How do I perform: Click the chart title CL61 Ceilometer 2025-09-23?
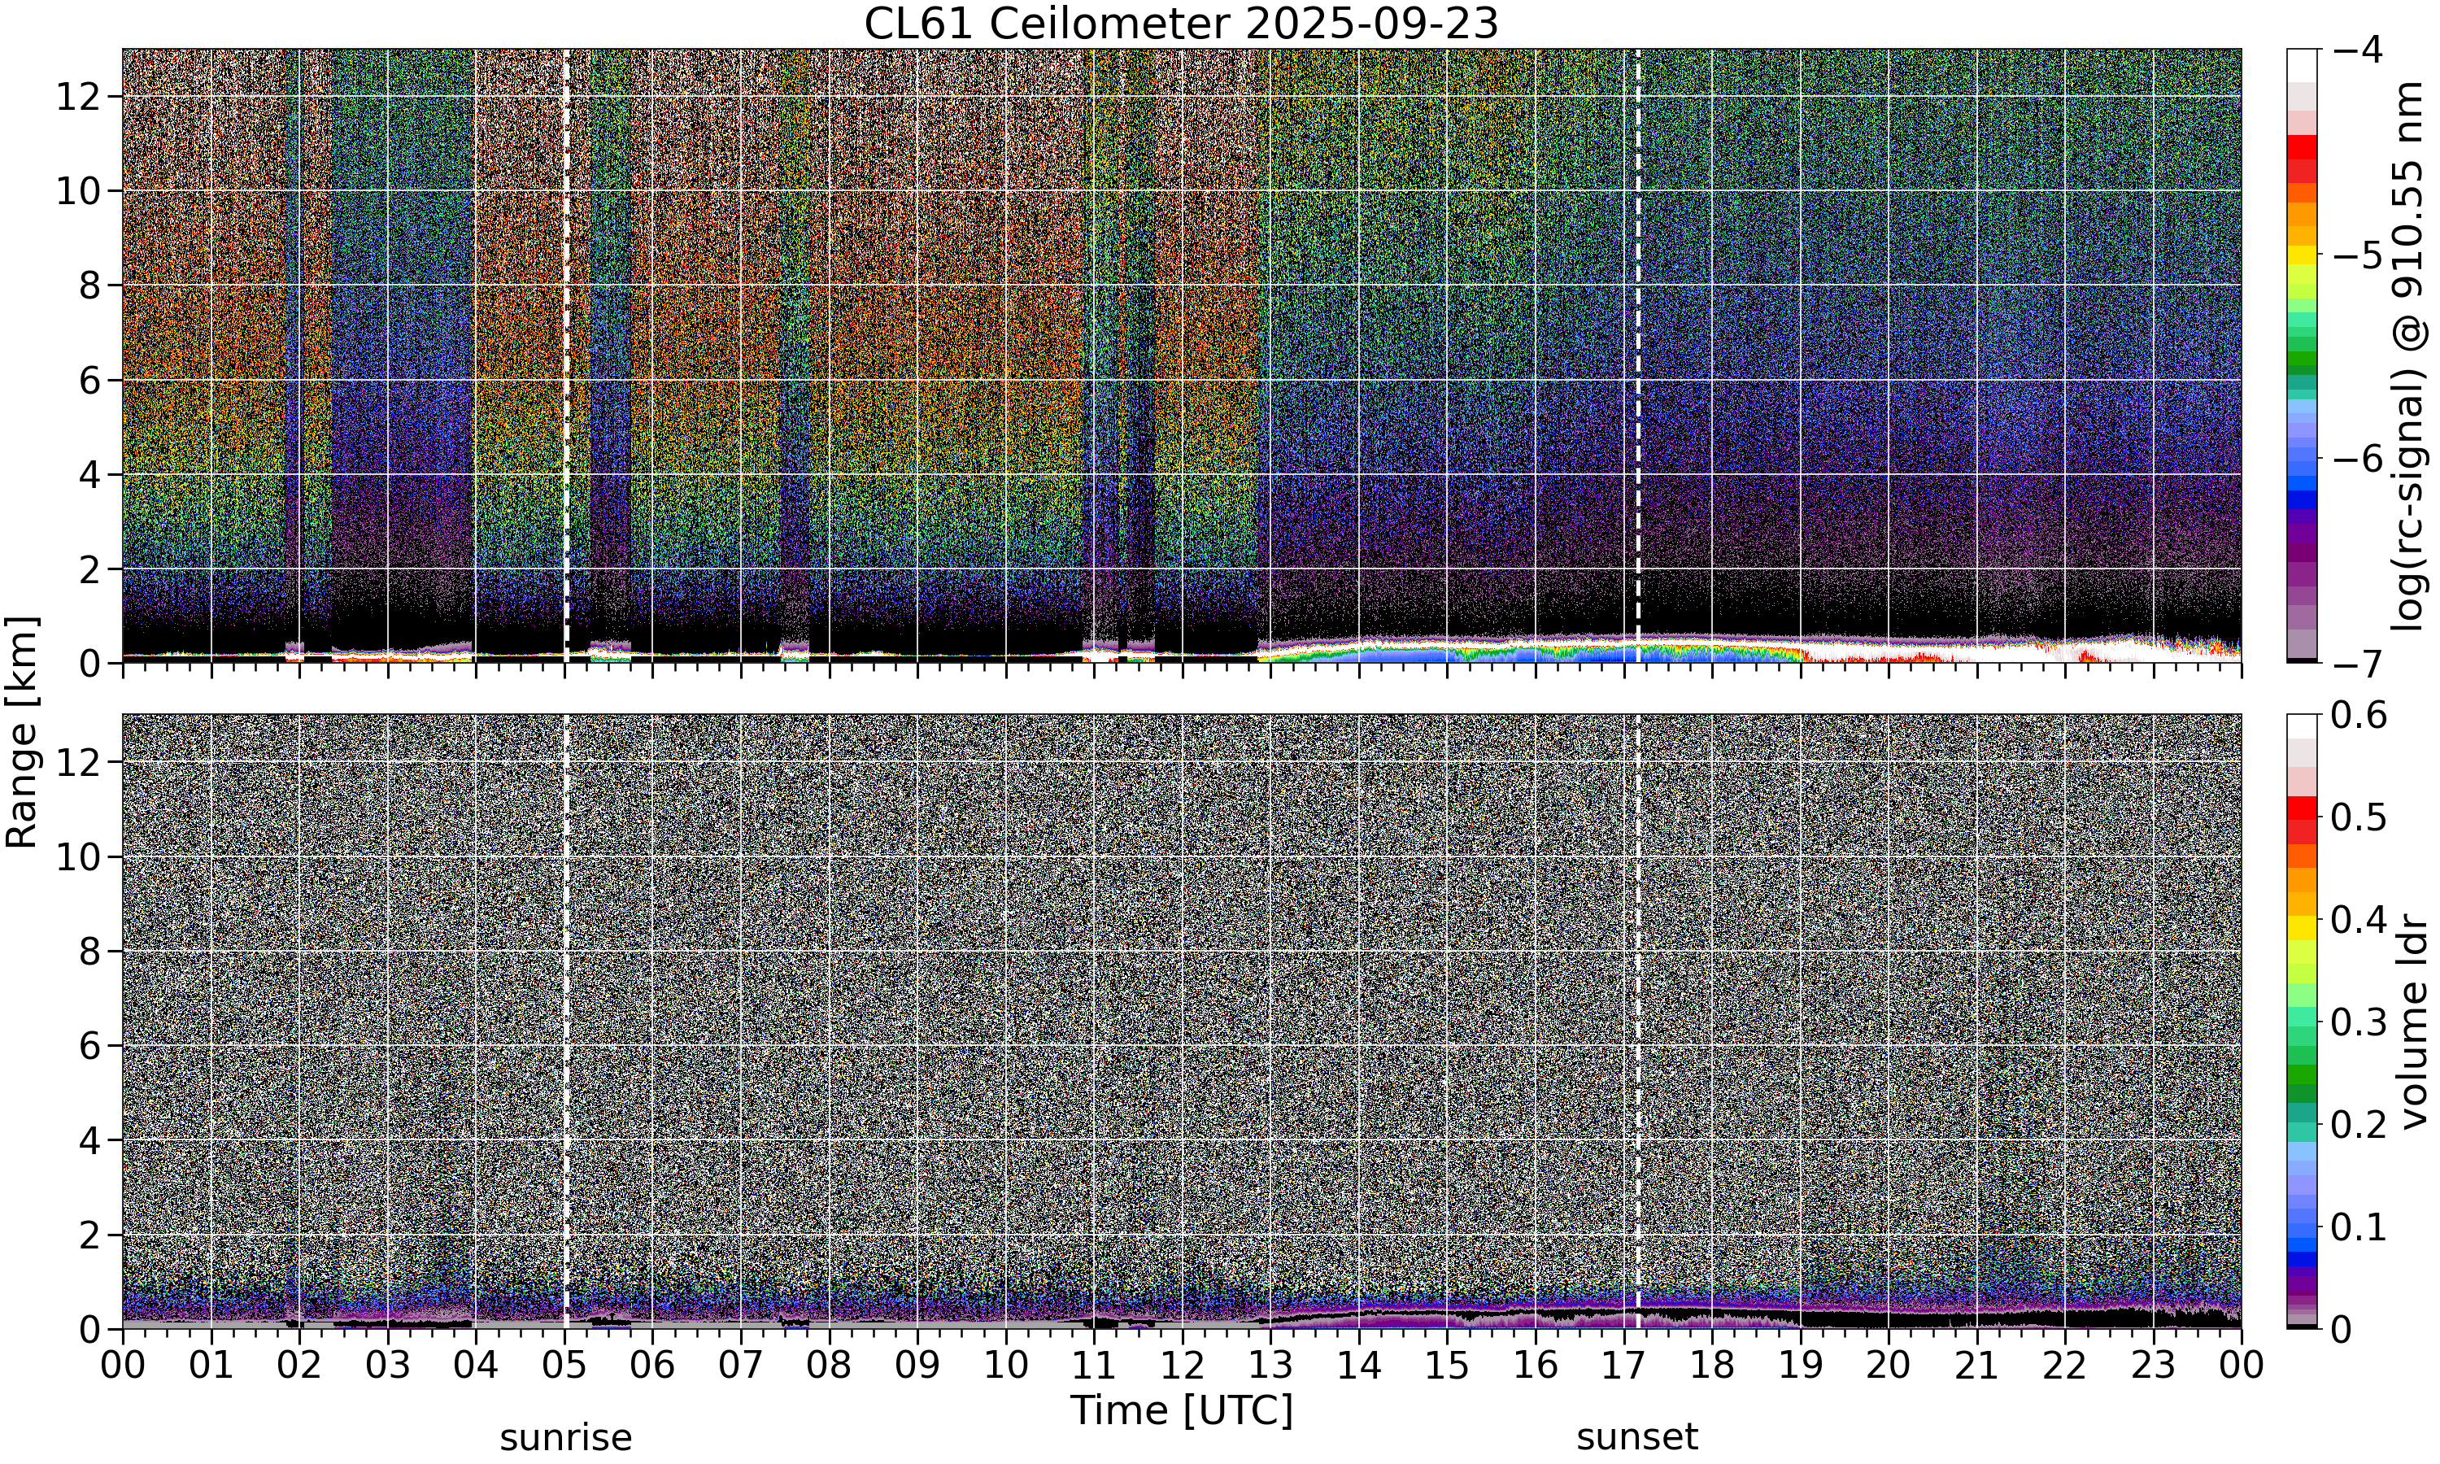[x=1180, y=24]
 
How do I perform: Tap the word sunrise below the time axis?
[x=565, y=1437]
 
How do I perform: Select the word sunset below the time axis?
[x=1637, y=1437]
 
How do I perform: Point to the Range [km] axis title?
[x=22, y=731]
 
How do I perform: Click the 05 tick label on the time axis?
[x=564, y=1366]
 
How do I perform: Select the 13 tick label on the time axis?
[x=1270, y=1366]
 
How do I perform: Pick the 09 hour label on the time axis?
[x=917, y=1366]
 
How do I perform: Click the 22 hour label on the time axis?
[x=2064, y=1366]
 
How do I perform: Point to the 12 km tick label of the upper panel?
[x=77, y=97]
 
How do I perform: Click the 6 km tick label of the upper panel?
[x=89, y=381]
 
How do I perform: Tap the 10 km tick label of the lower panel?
[x=77, y=857]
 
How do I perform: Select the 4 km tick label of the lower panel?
[x=89, y=1140]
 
